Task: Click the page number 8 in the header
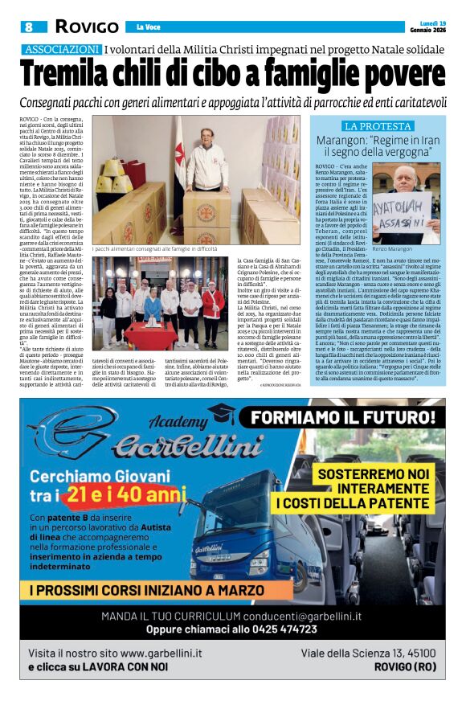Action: (28, 27)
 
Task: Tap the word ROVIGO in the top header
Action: (86, 27)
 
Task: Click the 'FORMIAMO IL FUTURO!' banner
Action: (347, 418)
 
